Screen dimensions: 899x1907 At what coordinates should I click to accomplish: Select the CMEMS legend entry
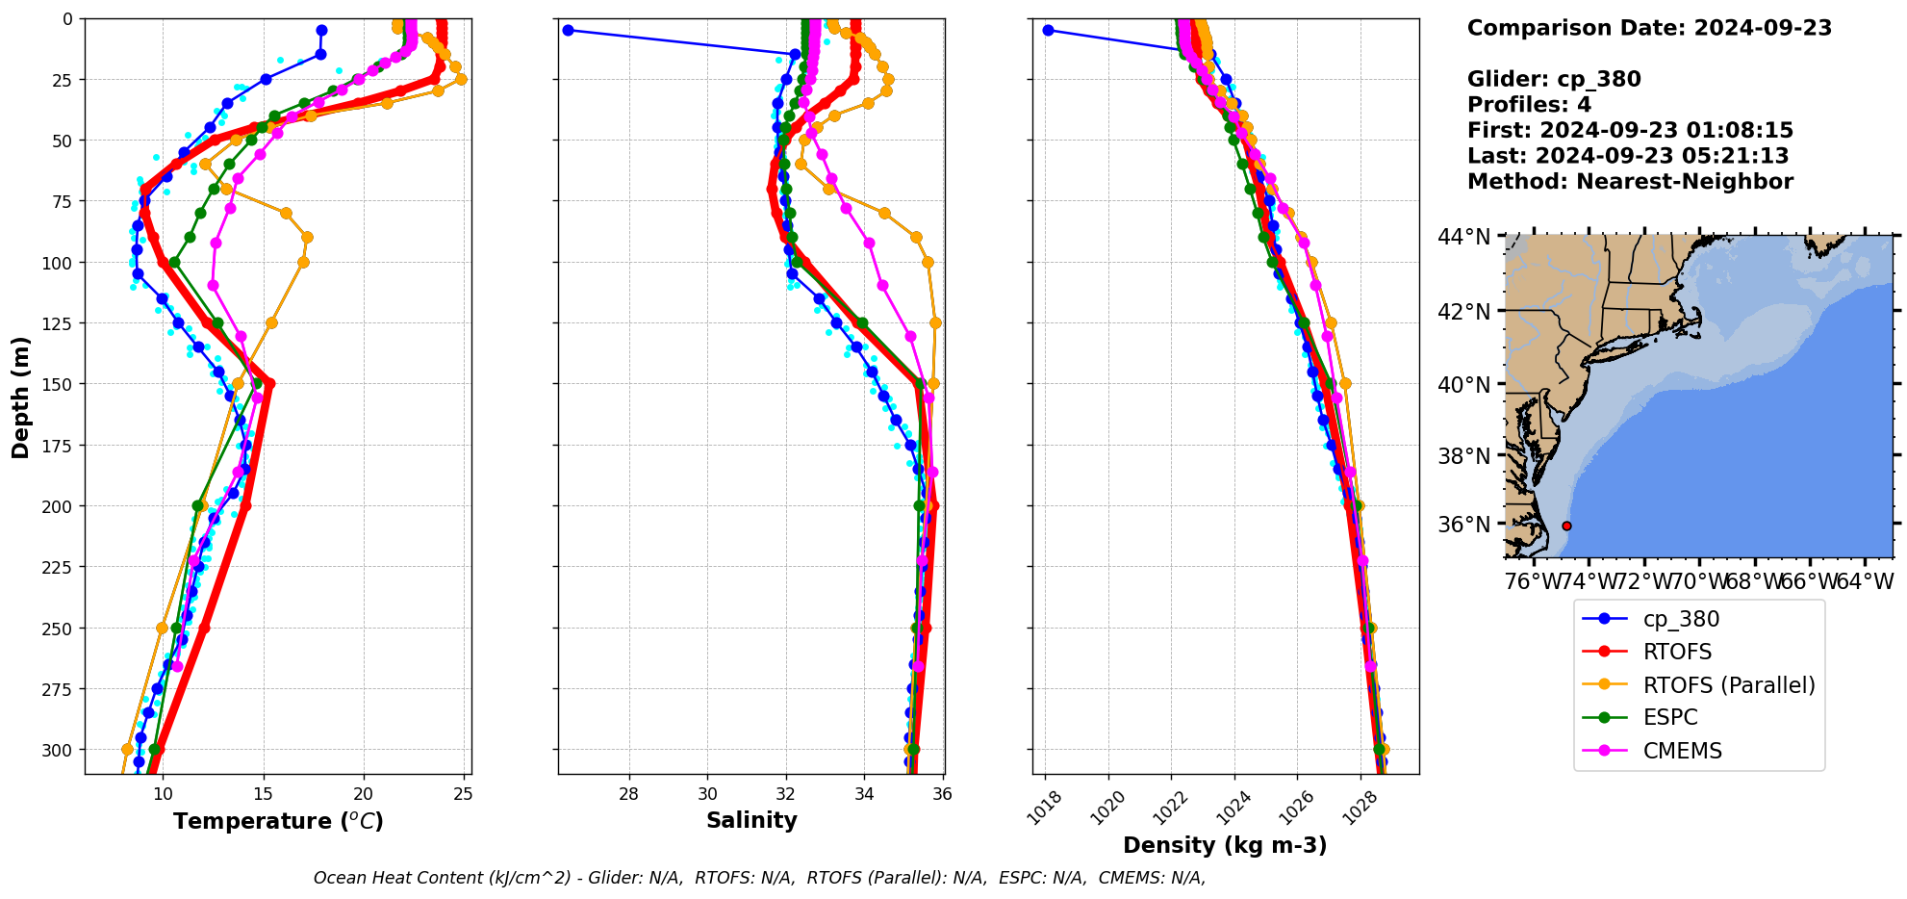[x=1682, y=751]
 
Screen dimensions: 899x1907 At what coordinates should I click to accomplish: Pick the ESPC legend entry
[x=1670, y=718]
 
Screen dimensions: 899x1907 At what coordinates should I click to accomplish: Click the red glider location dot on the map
[x=1566, y=526]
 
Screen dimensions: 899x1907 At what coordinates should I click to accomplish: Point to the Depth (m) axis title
[x=21, y=398]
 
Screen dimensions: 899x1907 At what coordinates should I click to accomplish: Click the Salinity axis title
[x=751, y=821]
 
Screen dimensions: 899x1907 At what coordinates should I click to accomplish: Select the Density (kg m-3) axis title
[x=1225, y=846]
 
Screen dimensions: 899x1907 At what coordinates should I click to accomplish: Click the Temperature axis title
[x=278, y=821]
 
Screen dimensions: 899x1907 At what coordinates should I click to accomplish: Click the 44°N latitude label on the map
[x=1464, y=237]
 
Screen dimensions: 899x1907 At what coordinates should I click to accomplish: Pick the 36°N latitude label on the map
[x=1464, y=525]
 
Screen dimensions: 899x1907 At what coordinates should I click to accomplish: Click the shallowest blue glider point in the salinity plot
[x=568, y=31]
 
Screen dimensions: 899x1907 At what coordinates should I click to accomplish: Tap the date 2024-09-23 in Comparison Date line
[x=1763, y=28]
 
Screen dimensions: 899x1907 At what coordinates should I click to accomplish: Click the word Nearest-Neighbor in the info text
[x=1684, y=182]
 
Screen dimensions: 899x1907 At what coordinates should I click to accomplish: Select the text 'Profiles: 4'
[x=1529, y=105]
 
